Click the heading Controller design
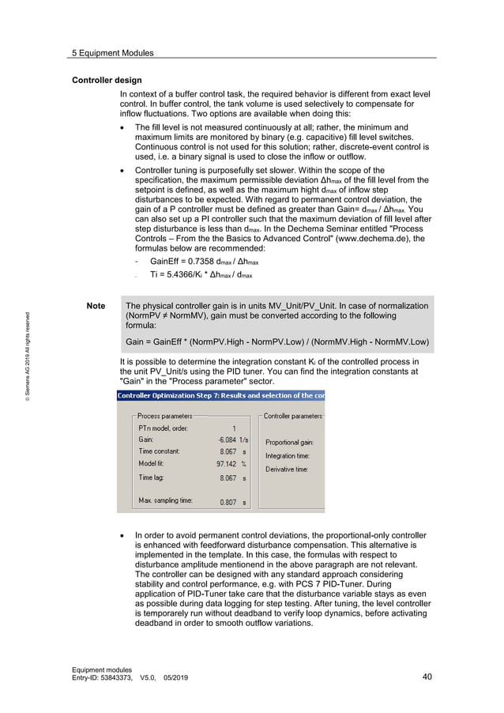pos(107,81)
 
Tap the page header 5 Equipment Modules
pos(112,53)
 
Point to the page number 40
pos(427,677)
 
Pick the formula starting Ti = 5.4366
pos(201,275)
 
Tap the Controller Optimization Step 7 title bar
pos(220,395)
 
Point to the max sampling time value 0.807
pos(228,502)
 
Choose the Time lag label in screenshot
pos(153,477)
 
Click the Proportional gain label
pos(289,443)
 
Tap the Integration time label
pos(287,456)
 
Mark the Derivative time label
pos(286,469)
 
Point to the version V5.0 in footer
pos(150,678)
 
